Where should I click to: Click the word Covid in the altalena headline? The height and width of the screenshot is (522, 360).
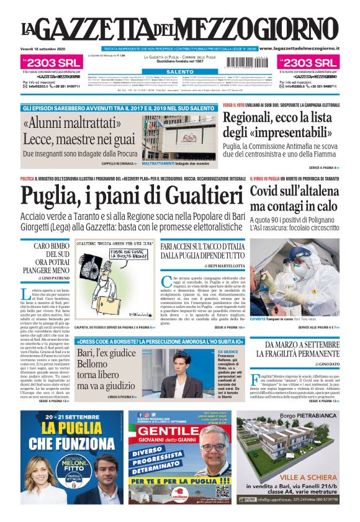267,192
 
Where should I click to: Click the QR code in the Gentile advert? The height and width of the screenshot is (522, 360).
223,491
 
